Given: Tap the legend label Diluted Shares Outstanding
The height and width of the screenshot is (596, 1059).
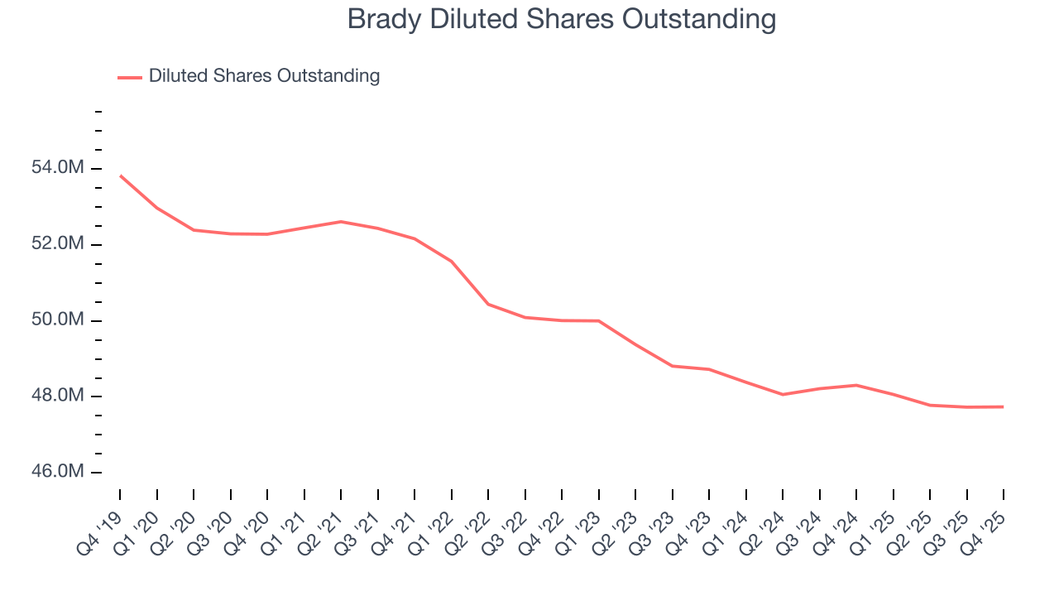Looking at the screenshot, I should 264,76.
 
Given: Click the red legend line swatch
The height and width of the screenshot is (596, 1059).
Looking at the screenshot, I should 130,77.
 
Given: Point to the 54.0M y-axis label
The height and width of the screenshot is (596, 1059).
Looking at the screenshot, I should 62,168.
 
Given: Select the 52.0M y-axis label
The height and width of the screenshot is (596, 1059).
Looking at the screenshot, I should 62,244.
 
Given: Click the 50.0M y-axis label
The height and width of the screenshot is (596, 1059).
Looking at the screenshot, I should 62,320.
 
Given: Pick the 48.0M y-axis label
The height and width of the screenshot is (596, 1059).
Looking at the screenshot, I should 62,396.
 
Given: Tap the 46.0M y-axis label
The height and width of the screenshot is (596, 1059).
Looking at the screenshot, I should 62,472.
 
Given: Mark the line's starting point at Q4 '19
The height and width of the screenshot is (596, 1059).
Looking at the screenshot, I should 120,175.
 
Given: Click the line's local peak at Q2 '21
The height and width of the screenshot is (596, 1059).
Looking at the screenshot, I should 341,221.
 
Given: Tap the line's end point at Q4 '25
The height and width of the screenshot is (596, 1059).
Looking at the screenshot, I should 1004,406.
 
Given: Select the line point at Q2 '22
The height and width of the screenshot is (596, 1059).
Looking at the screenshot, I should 488,304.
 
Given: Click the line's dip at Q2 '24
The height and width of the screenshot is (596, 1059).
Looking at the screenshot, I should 783,394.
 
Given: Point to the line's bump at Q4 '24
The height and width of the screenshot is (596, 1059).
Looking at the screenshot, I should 856,385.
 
